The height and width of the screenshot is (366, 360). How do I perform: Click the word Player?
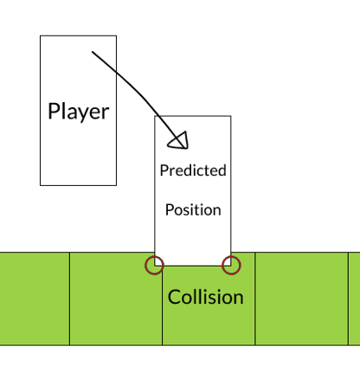(x=79, y=112)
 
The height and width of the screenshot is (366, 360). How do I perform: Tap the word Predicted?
(x=193, y=170)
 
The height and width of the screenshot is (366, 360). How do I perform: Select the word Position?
(x=193, y=209)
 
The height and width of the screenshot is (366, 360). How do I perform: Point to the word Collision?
(x=206, y=297)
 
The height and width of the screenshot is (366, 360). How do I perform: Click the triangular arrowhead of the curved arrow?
(x=179, y=141)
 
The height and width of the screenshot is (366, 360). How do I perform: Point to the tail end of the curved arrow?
(x=93, y=52)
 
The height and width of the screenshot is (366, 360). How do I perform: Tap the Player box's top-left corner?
(x=40, y=35)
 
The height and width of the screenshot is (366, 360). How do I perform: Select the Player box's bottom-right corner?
(x=117, y=185)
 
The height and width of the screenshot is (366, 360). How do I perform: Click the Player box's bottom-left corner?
(x=40, y=185)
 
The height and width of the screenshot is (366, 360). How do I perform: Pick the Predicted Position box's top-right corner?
(x=231, y=116)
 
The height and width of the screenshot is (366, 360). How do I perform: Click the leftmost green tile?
(x=35, y=299)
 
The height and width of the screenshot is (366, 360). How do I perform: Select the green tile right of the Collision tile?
(x=301, y=299)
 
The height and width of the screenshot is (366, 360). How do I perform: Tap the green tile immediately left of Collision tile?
(x=116, y=299)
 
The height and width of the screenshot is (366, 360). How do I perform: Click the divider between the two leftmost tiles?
(x=69, y=299)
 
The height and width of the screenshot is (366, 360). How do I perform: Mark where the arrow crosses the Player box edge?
(x=116, y=71)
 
